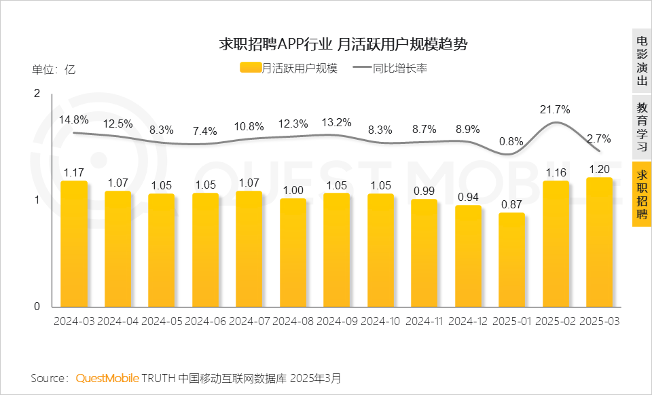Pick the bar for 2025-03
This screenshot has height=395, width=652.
(599, 242)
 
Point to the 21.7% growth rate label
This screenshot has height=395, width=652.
(556, 109)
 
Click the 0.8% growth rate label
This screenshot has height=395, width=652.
(511, 142)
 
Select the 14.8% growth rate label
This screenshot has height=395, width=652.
(73, 119)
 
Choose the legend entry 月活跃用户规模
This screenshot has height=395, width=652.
(289, 68)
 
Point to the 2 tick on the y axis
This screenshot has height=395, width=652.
(37, 93)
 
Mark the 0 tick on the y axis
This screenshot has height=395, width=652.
(37, 306)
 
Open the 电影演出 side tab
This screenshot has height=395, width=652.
(642, 60)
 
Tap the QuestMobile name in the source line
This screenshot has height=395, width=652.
(107, 377)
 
